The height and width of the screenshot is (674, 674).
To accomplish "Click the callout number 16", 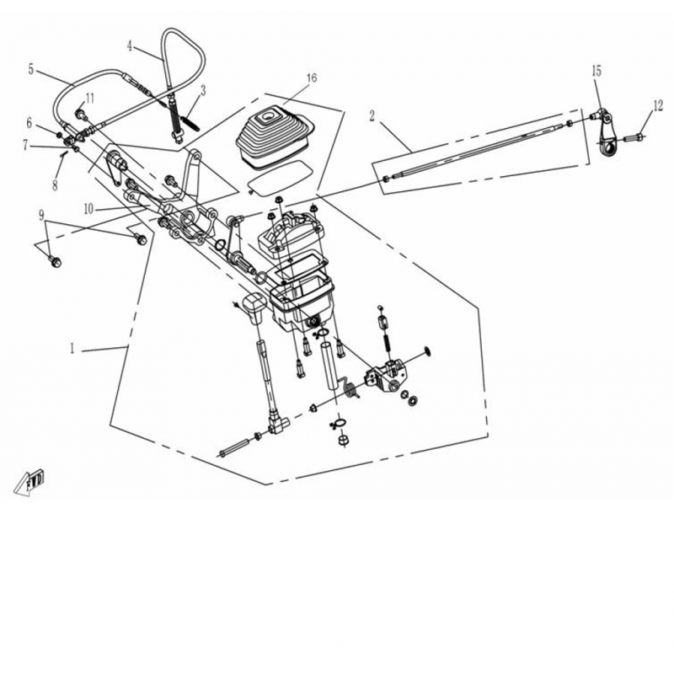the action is (x=312, y=78).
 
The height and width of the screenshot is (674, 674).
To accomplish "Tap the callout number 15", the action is (x=596, y=71).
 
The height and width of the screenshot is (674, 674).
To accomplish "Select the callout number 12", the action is (x=658, y=106).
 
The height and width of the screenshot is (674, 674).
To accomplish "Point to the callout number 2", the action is (x=372, y=115).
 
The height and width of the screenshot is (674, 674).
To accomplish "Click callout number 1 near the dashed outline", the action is (x=72, y=348).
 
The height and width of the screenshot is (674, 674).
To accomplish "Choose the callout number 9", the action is (x=41, y=215).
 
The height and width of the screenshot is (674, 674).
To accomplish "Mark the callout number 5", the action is (x=30, y=69).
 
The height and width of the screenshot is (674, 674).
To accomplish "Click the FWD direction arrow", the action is (x=29, y=482).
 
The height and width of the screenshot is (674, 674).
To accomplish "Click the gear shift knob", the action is (x=254, y=308).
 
